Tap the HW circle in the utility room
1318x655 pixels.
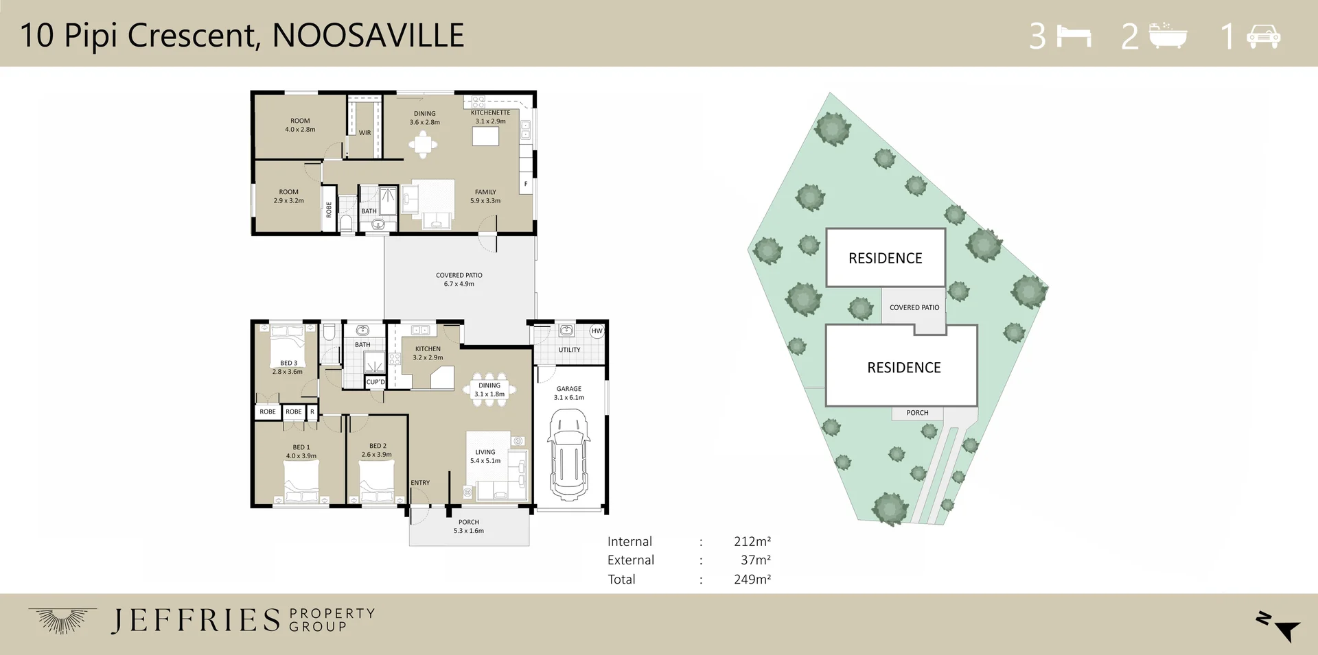tap(597, 331)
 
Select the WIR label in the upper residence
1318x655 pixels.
tap(365, 133)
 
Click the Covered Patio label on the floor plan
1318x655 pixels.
tap(459, 279)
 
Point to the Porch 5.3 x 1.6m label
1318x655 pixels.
tap(469, 526)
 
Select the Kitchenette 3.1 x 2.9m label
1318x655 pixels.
tap(490, 117)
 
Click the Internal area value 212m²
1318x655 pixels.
tap(752, 541)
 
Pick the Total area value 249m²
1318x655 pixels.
tap(752, 579)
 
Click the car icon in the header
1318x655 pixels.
tap(1263, 36)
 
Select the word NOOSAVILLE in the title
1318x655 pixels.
tap(368, 36)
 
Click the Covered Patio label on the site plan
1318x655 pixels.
tap(914, 307)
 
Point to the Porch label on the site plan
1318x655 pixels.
tap(917, 413)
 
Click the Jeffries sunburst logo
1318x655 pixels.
tap(62, 619)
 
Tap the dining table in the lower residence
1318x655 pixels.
tap(489, 390)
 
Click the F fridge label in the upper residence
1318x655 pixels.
tap(526, 184)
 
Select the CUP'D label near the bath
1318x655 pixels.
tap(375, 382)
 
